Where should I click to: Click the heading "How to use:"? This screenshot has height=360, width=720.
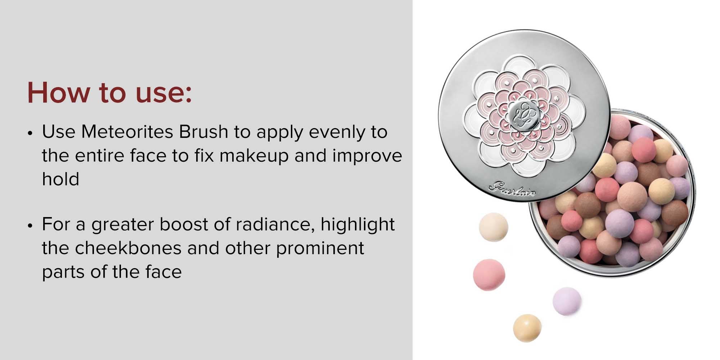coord(109,93)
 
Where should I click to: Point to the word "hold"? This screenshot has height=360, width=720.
coord(60,179)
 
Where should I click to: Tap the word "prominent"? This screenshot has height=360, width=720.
coord(320,248)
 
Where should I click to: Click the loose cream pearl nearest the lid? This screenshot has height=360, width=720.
coord(494,228)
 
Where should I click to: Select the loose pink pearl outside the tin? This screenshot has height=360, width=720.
coord(489,275)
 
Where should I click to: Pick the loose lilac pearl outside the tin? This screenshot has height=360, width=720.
coord(567,301)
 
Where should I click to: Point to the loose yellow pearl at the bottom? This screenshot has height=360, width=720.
coord(527,328)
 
